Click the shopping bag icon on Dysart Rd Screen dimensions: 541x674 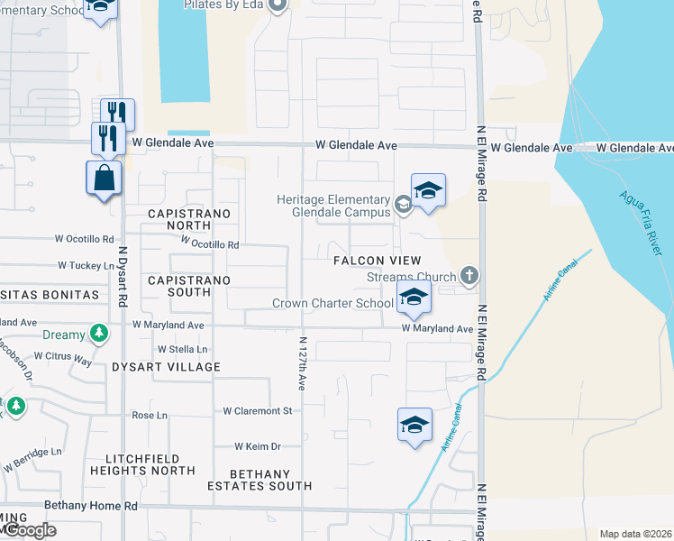point(105,178)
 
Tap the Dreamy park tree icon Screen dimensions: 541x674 point(99,335)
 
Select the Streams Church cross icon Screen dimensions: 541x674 point(468,275)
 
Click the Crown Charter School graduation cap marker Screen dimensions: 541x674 point(414,298)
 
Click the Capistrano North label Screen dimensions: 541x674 point(190,214)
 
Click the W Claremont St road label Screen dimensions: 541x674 point(259,411)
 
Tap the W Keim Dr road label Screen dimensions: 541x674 point(258,446)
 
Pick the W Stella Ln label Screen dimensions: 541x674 point(182,349)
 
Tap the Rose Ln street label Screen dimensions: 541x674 point(150,415)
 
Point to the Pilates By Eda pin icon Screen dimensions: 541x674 point(278,5)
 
